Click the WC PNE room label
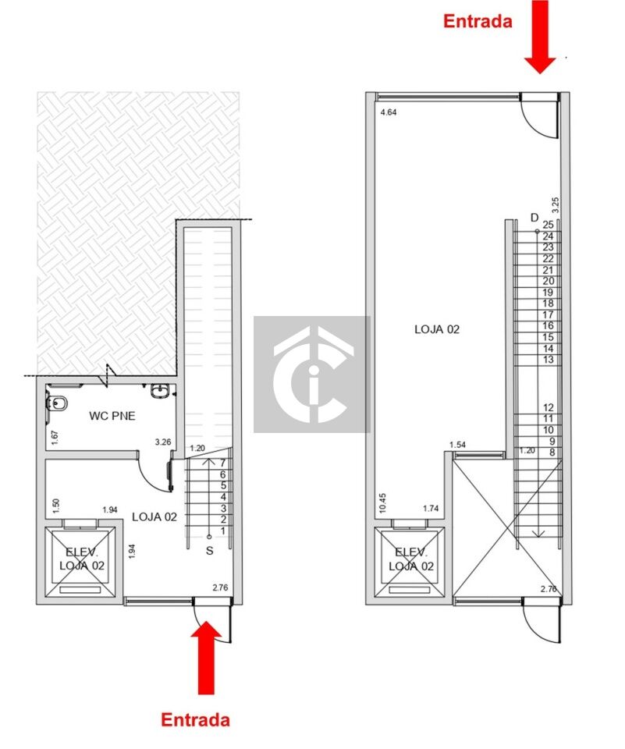pos(112,416)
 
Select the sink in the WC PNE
pos(158,391)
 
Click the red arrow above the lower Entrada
pos(206,657)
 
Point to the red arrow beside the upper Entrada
pos(540,37)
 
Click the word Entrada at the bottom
pos(195,719)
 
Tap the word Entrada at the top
pos(478,21)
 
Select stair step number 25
pos(548,225)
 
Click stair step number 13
pos(548,359)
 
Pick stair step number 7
pos(222,463)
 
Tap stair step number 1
pos(222,531)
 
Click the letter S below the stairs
pos(209,551)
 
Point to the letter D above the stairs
pos(534,218)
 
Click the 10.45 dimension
pos(382,503)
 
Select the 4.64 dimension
pos(389,112)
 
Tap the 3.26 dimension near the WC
pos(163,442)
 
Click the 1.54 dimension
pos(457,445)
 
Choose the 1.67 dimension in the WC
pos(55,438)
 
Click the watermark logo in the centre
pos(312,374)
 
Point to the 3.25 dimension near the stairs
pos(556,205)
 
